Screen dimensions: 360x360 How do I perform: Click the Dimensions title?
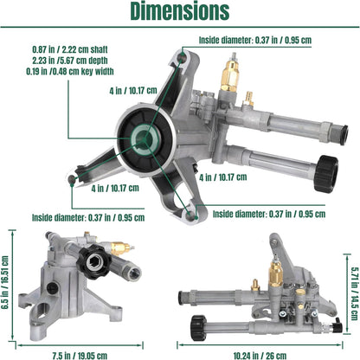(x=180, y=11)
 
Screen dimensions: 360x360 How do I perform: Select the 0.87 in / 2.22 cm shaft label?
(x=70, y=49)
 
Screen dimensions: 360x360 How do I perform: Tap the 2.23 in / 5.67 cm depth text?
(x=70, y=61)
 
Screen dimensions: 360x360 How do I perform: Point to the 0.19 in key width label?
(x=70, y=71)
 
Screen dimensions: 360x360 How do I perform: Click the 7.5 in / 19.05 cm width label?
(x=80, y=356)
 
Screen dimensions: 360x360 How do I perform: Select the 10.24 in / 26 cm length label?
(x=260, y=356)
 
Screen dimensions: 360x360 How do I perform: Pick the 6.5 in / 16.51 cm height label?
(x=5, y=282)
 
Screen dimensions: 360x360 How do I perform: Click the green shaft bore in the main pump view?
(x=145, y=139)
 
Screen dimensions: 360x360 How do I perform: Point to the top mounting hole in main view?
(x=182, y=57)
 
